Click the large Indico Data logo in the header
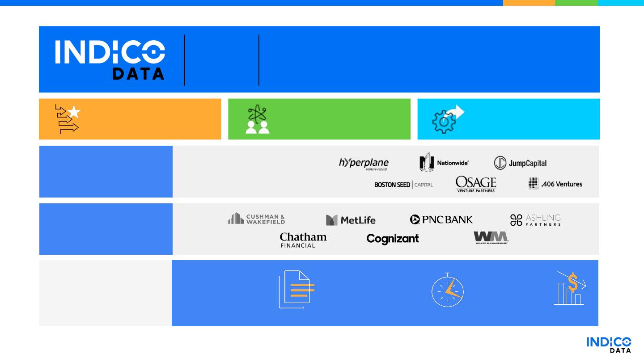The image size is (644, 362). pyautogui.click(x=110, y=60)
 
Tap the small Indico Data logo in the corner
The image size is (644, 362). pyautogui.click(x=609, y=344)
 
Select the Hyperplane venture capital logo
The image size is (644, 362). pyautogui.click(x=364, y=164)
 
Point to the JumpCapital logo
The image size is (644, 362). pyautogui.click(x=520, y=163)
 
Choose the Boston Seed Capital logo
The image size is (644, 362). pyautogui.click(x=403, y=185)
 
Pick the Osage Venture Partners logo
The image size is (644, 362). pyautogui.click(x=476, y=184)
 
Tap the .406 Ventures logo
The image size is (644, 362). pyautogui.click(x=555, y=184)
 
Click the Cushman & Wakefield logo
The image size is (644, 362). pyautogui.click(x=257, y=219)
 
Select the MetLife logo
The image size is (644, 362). pyautogui.click(x=351, y=220)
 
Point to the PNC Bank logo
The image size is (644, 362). pyautogui.click(x=441, y=219)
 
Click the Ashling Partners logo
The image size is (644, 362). pyautogui.click(x=535, y=219)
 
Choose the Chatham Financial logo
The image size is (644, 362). pyautogui.click(x=303, y=240)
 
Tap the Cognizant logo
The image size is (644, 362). pyautogui.click(x=393, y=239)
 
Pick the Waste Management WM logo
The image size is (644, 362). pyautogui.click(x=491, y=237)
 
